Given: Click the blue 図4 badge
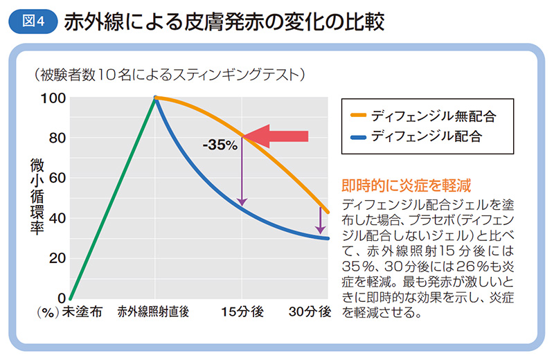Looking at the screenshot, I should click(x=31, y=21).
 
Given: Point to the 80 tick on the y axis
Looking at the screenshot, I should click(x=57, y=138).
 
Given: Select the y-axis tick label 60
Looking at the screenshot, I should click(x=57, y=178).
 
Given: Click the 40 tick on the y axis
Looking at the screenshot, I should click(x=57, y=218).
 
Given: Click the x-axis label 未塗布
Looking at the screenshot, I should click(x=82, y=312).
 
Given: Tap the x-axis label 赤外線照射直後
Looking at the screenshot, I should click(x=154, y=312).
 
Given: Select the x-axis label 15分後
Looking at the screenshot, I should click(x=242, y=312).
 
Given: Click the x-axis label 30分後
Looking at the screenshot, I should click(x=310, y=312).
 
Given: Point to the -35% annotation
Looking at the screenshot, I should click(x=220, y=145).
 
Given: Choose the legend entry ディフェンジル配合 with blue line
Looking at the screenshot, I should click(x=426, y=136).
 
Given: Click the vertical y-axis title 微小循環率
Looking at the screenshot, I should click(x=36, y=197).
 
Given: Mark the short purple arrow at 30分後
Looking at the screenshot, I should click(x=320, y=219).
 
